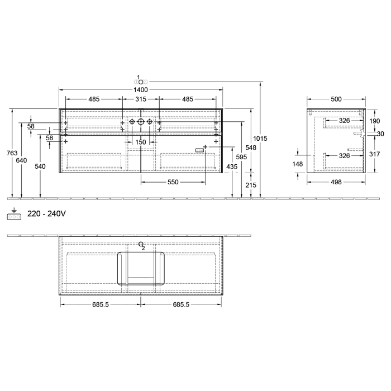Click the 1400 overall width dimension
pyautogui.click(x=141, y=89)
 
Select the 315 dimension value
pyautogui.click(x=141, y=99)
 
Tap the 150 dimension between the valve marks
pyautogui.click(x=141, y=142)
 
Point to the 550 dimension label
pyautogui.click(x=173, y=183)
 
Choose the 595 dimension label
pyautogui.click(x=241, y=157)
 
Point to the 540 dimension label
pyautogui.click(x=40, y=166)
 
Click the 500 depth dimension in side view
pyautogui.click(x=336, y=99)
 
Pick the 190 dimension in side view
pyautogui.click(x=374, y=121)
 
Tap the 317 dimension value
pyautogui.click(x=374, y=154)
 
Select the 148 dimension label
pyautogui.click(x=297, y=164)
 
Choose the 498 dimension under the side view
pyautogui.click(x=336, y=182)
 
